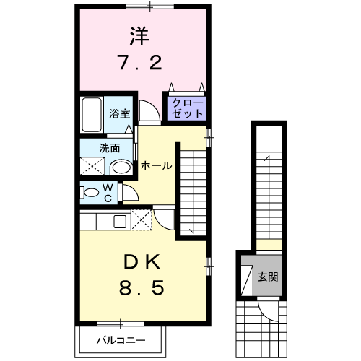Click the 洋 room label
[x=141, y=37]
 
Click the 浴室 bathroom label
[x=119, y=113]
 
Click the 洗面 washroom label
[x=110, y=149]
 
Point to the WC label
[x=107, y=193]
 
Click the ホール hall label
[x=156, y=165]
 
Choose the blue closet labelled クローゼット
[x=187, y=109]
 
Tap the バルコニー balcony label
[x=122, y=339]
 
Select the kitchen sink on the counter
[x=120, y=220]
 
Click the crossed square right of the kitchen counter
[x=141, y=219]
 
